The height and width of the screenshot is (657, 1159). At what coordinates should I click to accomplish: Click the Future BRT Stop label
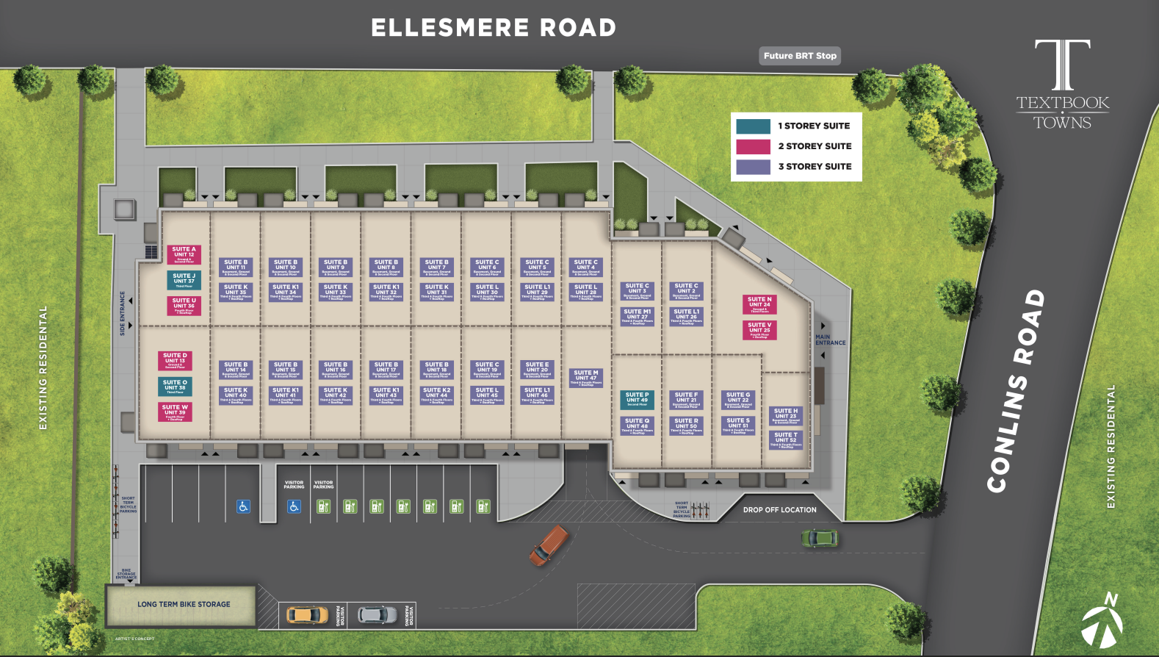click(x=800, y=56)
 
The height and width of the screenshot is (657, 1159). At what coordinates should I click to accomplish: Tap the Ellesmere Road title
click(x=493, y=28)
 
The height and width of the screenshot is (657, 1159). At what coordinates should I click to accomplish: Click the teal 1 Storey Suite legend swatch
click(x=753, y=126)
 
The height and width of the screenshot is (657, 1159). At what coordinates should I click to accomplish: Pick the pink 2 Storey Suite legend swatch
click(x=753, y=146)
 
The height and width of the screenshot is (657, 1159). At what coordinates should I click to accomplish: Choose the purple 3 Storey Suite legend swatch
click(x=753, y=167)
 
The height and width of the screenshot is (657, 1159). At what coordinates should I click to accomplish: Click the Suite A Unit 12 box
click(x=184, y=254)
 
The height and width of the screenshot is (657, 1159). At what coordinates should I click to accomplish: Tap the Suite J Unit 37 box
click(x=184, y=280)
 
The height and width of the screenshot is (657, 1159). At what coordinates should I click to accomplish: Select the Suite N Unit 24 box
click(x=759, y=304)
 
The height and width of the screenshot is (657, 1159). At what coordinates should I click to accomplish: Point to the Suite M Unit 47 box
click(x=585, y=378)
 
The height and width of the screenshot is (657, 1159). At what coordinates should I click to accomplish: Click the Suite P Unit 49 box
click(x=637, y=399)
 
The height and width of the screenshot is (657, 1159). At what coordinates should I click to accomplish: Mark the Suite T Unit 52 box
click(x=786, y=439)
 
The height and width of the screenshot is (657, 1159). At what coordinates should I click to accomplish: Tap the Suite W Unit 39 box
click(x=175, y=412)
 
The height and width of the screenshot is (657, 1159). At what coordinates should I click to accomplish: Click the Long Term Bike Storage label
click(x=184, y=604)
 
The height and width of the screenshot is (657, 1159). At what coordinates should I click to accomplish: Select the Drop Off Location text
click(x=779, y=509)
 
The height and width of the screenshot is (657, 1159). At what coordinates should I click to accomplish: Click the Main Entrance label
click(x=830, y=340)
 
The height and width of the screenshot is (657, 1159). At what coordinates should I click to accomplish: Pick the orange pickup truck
click(x=549, y=545)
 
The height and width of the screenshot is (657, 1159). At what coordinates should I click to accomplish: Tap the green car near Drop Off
click(x=819, y=538)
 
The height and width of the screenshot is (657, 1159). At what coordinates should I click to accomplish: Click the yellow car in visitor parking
click(x=307, y=614)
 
